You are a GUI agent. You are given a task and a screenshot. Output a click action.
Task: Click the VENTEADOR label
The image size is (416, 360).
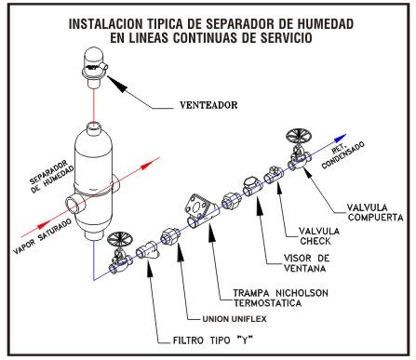point(208,105)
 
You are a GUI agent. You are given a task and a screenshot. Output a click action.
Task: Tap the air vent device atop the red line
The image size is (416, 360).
point(94,68)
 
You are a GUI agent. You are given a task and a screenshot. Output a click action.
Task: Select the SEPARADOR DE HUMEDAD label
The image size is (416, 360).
point(52,177)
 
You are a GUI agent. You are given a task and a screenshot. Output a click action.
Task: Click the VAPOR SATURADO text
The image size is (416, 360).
point(42,236)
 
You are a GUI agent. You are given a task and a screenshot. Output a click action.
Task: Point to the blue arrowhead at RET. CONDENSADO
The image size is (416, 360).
point(341,138)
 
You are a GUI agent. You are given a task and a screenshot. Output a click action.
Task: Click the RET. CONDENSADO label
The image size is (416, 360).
point(342,154)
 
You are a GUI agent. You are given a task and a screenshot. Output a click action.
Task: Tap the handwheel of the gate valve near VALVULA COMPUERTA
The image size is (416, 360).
point(300,136)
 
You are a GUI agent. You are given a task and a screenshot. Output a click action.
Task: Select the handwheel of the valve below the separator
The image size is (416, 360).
point(120,239)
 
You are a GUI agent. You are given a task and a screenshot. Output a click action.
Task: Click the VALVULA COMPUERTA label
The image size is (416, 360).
point(375,212)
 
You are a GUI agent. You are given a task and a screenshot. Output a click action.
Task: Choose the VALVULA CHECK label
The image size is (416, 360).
point(319,236)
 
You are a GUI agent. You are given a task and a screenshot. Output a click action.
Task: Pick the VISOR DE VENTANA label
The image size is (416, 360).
point(306,263)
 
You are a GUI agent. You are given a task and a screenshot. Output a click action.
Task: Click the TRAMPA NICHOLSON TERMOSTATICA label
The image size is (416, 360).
point(280,298)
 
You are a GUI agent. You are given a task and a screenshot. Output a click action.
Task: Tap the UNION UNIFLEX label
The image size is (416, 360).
point(235,319)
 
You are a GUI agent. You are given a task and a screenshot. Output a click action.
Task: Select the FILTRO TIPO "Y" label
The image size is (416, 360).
point(212,340)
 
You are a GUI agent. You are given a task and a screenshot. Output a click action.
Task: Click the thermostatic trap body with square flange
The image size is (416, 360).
point(203,212)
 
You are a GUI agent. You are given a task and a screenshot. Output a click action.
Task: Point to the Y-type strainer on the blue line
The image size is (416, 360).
point(148,250)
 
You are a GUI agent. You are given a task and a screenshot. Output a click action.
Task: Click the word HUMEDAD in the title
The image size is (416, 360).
point(325,24)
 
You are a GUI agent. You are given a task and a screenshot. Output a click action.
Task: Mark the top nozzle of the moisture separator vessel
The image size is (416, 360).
point(93,128)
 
